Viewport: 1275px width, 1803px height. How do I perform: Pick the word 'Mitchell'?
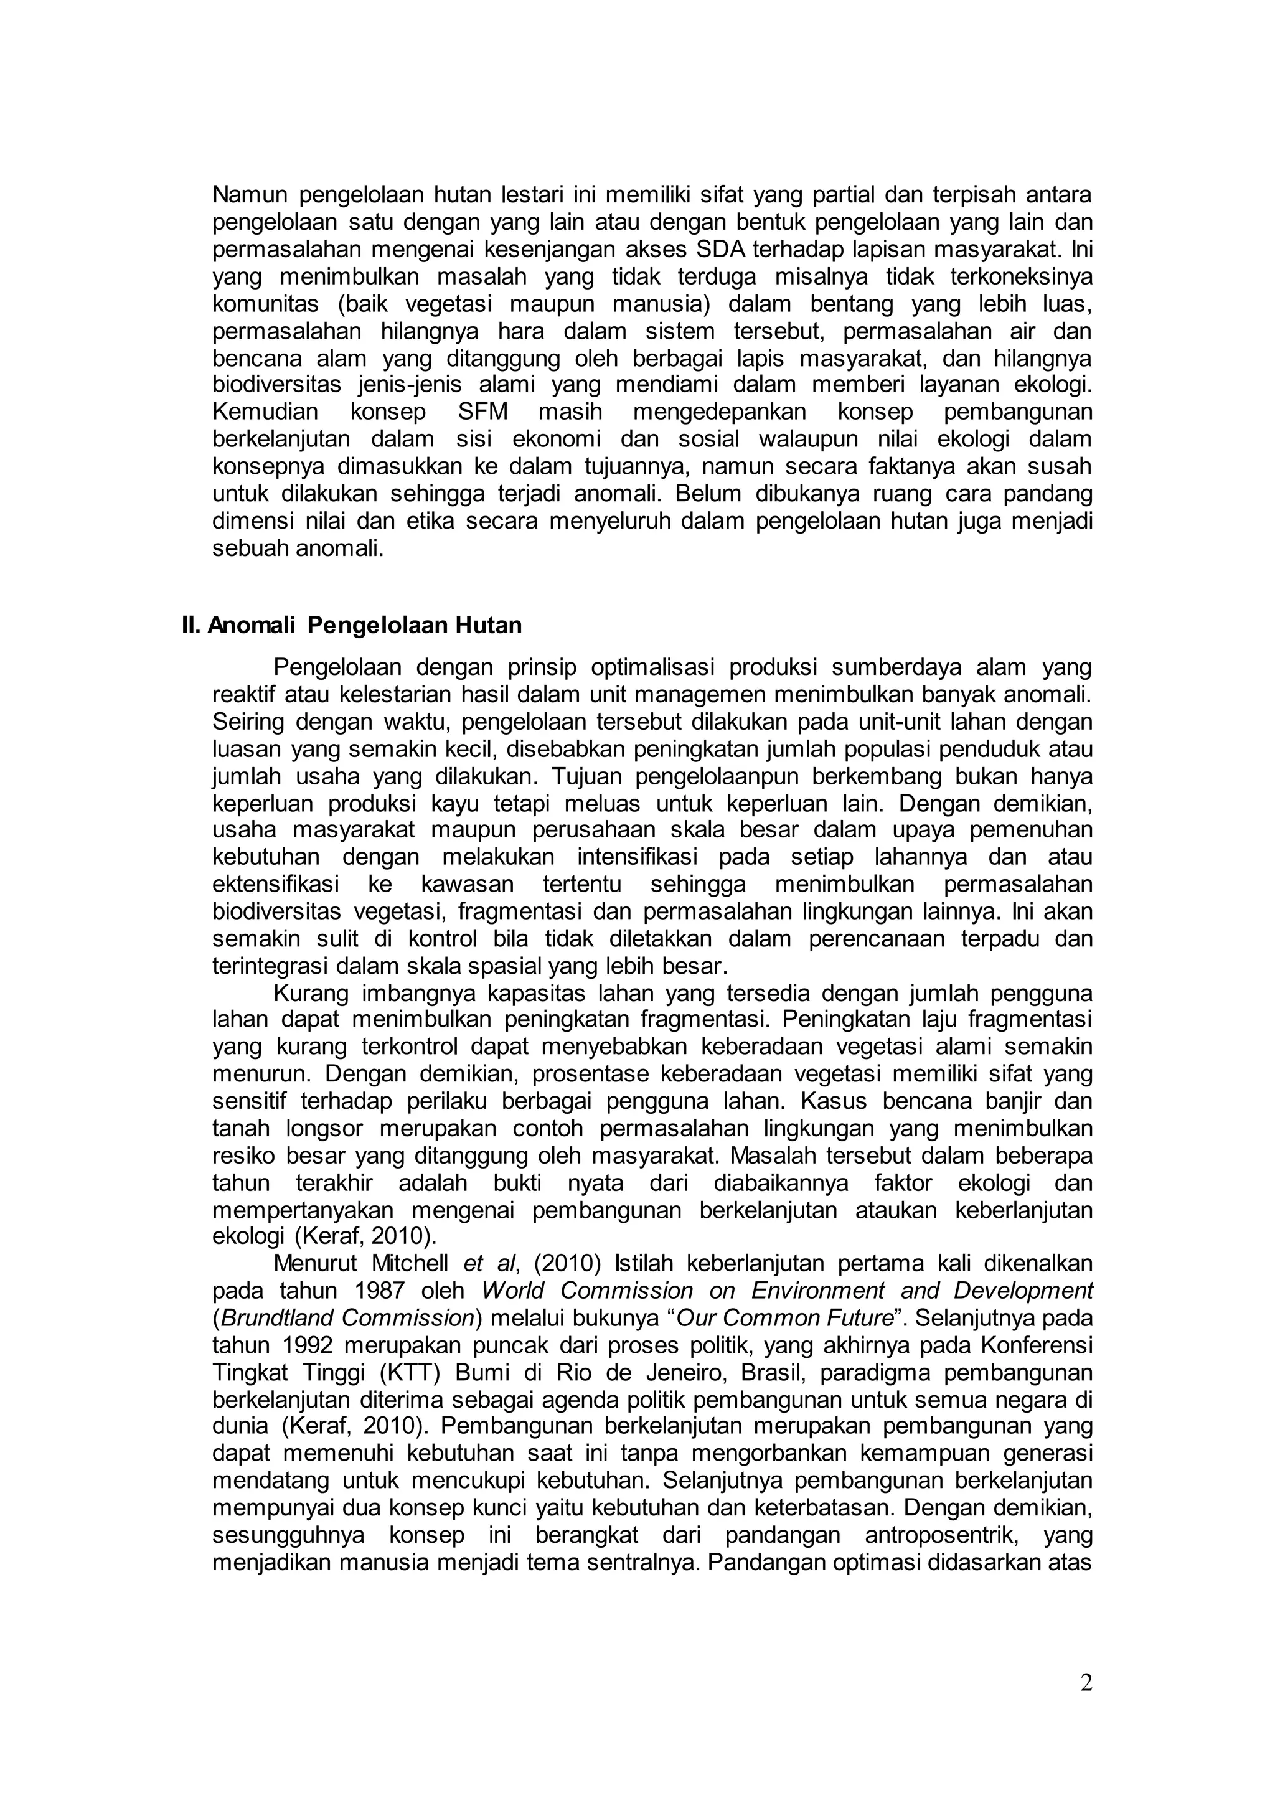point(412,1263)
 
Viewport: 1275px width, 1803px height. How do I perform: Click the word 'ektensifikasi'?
point(276,884)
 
